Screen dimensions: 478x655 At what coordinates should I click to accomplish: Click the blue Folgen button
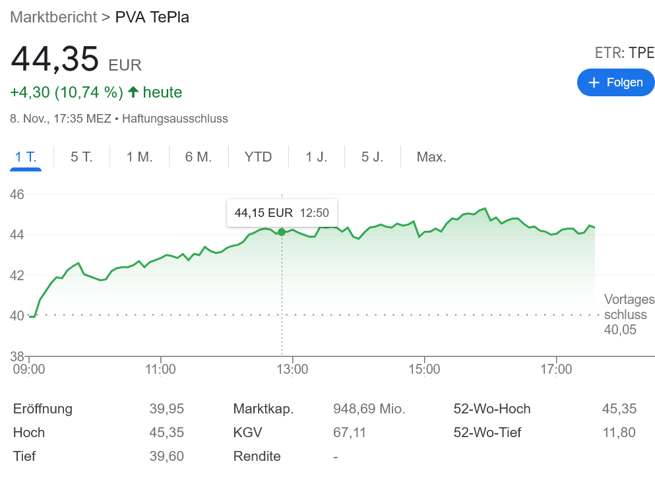615,82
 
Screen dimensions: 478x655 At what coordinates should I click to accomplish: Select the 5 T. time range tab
82,157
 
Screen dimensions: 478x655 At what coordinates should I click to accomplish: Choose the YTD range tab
258,157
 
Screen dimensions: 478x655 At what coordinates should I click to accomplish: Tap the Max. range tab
431,157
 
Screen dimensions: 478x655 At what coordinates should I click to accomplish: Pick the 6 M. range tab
199,157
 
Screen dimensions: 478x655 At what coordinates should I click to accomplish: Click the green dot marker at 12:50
282,232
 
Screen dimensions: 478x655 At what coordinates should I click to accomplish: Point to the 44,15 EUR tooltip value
263,213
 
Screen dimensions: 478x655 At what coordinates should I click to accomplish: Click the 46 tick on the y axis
17,194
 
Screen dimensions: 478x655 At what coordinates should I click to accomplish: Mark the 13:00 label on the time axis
292,369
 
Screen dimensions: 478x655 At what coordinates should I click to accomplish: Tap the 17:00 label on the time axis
556,369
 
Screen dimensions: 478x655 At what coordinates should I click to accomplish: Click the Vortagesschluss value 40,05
620,330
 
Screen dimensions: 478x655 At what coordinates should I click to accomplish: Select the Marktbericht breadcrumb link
53,17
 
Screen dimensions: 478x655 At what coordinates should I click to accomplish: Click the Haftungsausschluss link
175,119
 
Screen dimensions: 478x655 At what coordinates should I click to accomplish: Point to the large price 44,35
55,59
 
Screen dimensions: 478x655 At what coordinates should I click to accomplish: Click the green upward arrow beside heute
133,92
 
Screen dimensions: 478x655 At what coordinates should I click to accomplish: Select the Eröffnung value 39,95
166,409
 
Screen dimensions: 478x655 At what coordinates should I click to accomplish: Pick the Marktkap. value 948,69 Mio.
369,409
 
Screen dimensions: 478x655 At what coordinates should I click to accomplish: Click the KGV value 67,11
350,433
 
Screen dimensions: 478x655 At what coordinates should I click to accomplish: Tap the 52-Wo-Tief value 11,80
619,433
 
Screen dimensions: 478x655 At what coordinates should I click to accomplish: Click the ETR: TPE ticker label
624,53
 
